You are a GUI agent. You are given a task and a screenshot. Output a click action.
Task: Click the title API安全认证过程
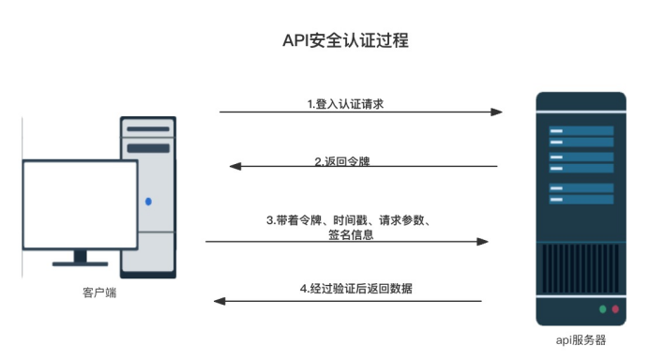coord(345,41)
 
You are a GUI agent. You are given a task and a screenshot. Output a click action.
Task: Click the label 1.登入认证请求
coord(345,104)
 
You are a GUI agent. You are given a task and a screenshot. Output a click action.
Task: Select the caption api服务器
coord(581,338)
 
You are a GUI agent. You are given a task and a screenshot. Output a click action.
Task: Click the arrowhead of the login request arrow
coord(497,112)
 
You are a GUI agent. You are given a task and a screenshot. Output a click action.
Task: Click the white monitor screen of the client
coord(80,203)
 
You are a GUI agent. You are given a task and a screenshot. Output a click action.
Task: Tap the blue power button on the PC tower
coord(147,201)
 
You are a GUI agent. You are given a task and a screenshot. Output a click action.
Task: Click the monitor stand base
coord(80,263)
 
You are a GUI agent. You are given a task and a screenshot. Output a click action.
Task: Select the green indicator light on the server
coord(602,309)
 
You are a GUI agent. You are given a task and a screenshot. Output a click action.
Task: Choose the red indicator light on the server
coord(615,309)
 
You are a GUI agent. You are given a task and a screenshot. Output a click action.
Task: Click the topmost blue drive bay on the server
coord(581,131)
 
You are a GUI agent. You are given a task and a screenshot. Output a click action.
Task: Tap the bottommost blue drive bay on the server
coord(581,200)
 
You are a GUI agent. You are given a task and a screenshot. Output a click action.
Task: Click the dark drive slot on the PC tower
coord(148,148)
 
